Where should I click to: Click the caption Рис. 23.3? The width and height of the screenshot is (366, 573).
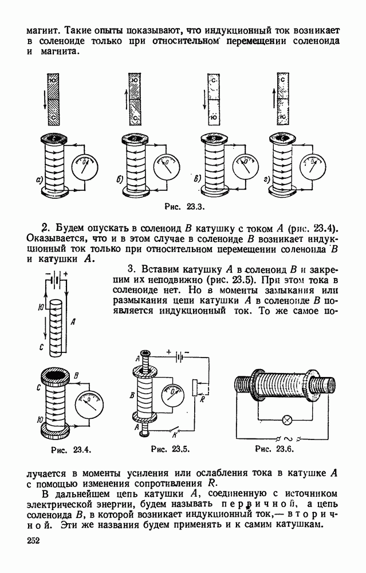coord(184,207)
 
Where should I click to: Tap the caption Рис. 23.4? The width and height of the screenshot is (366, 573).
coord(71,450)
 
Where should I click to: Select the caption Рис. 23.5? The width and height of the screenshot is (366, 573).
coord(171,449)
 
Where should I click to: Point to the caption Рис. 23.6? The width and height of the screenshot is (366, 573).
coord(275,449)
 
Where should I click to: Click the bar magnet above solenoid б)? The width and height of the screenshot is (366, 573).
coord(135,99)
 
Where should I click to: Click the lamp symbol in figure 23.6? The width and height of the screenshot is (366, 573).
coord(288,420)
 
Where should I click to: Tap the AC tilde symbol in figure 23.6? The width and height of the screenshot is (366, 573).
coord(289,438)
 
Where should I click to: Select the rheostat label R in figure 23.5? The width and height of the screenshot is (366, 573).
coord(202,399)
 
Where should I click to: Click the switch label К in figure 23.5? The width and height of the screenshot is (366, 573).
coord(175,435)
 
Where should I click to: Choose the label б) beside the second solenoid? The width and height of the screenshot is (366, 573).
coord(120,179)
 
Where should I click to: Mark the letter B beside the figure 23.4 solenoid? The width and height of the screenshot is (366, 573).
coord(76,376)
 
